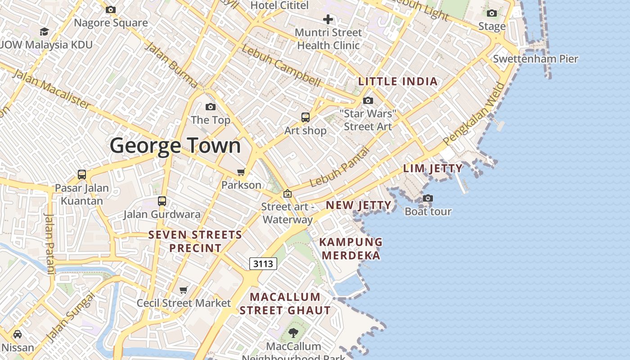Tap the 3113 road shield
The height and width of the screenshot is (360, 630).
263,264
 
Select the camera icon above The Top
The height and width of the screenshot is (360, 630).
210,107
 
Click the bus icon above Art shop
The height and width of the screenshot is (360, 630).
306,117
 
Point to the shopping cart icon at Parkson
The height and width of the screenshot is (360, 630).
241,172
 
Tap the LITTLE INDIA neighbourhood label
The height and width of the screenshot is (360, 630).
398,81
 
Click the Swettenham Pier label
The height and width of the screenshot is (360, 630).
535,59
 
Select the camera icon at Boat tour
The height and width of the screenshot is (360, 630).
428,198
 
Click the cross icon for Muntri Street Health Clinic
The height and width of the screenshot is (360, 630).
328,19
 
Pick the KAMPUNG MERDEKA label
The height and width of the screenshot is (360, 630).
351,249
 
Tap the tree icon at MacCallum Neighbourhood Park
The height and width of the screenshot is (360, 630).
293,333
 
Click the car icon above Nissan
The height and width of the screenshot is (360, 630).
18,334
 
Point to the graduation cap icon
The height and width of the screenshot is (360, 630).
44,31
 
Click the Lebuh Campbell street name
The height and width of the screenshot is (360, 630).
281,66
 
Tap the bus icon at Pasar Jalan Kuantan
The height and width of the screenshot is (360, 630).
82,174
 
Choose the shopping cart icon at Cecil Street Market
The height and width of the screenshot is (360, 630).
183,290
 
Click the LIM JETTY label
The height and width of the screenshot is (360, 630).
432,169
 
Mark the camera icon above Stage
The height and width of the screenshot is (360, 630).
492,13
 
